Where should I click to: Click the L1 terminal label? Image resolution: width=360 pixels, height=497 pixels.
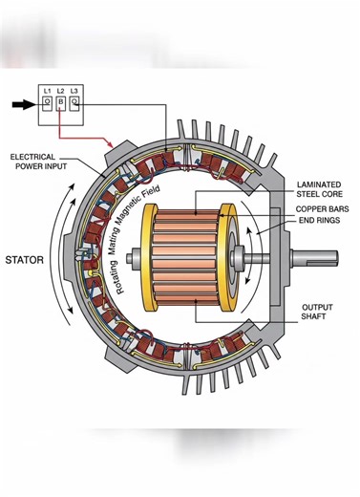click(x=47, y=90)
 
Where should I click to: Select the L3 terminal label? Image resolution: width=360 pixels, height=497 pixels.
click(x=74, y=90)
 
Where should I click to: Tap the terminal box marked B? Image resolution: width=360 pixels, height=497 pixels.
click(x=60, y=102)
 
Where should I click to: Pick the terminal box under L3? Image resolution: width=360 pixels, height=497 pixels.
click(x=74, y=102)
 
